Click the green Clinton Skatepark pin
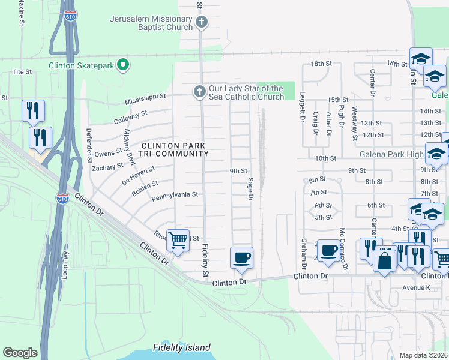coord(124,64)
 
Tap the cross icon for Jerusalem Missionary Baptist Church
coord(202,23)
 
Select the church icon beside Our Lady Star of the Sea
coord(199,92)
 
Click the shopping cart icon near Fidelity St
coord(178,241)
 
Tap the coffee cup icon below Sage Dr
coord(241,258)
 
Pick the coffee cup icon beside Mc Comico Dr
coord(328,250)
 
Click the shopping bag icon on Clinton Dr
coord(384,261)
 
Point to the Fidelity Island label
coord(181,347)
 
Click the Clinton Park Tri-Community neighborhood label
coord(175,149)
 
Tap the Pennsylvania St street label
coord(174,194)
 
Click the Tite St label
coord(22,71)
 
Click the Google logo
coord(20,353)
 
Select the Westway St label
coord(355,122)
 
